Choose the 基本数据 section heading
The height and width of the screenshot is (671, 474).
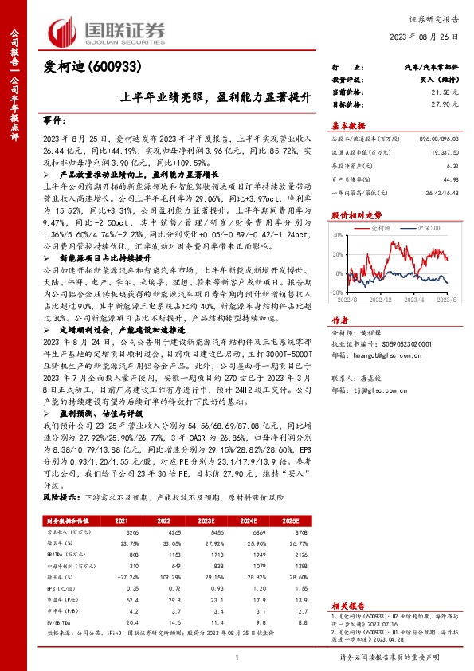point(348,126)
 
